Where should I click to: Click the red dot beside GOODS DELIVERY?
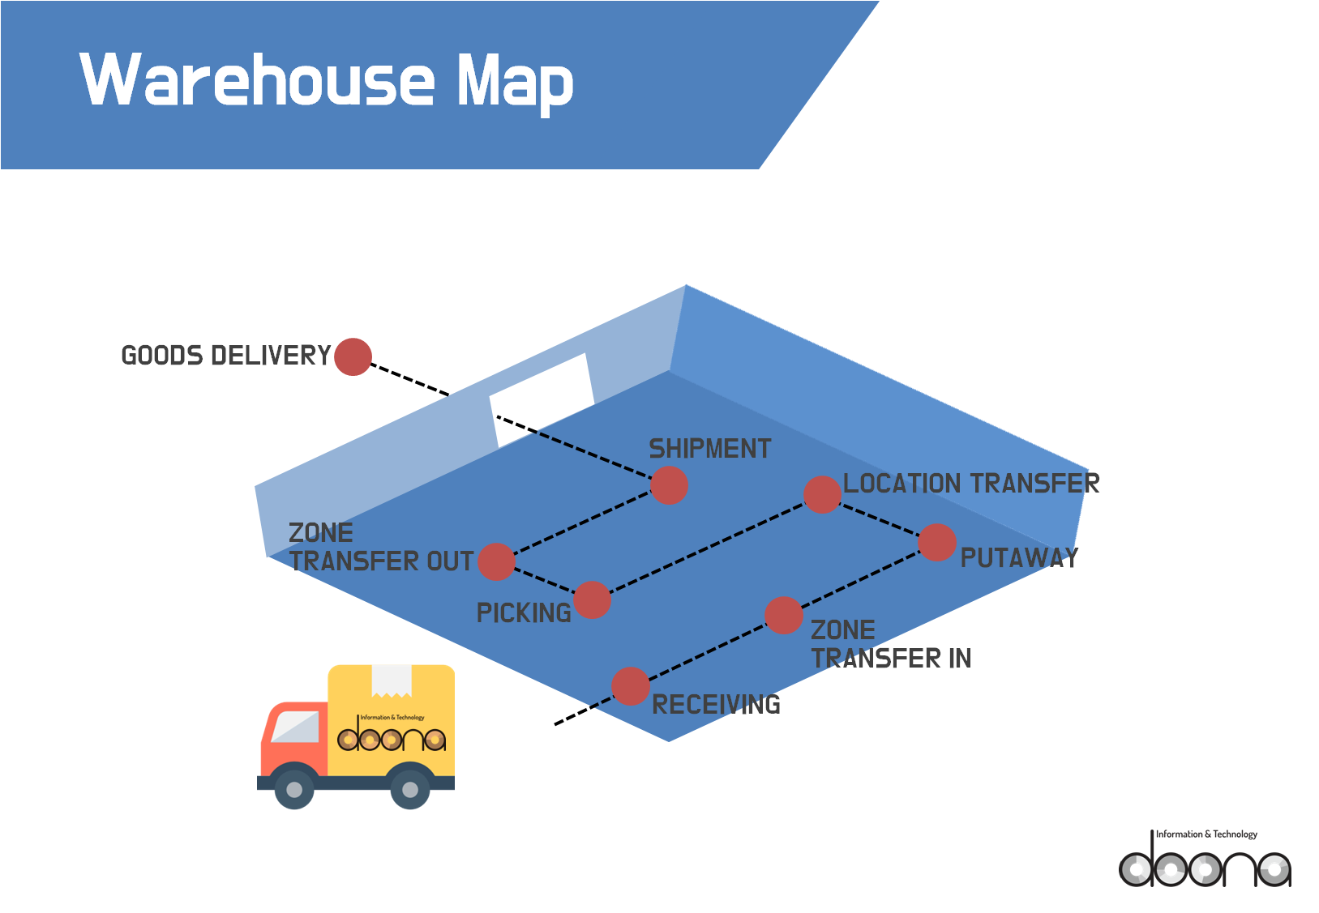[x=353, y=356]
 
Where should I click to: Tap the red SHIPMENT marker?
[x=669, y=485]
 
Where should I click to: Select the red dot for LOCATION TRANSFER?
[x=822, y=494]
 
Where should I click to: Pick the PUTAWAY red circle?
[x=937, y=543]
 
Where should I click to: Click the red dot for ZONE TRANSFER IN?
[x=784, y=616]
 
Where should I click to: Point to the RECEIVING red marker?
[x=630, y=686]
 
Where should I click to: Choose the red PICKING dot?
[x=592, y=600]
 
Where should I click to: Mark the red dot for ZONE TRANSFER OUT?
[x=496, y=561]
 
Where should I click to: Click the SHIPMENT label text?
[x=710, y=449]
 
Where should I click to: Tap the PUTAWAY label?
[x=1019, y=557]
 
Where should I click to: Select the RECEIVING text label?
[x=716, y=705]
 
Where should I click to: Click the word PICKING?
[x=524, y=613]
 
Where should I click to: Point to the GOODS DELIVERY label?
[x=226, y=356]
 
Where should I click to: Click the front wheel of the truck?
[x=293, y=789]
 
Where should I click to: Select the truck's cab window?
[x=295, y=727]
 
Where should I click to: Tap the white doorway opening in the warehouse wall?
[x=542, y=399]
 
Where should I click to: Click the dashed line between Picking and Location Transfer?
[x=707, y=548]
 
